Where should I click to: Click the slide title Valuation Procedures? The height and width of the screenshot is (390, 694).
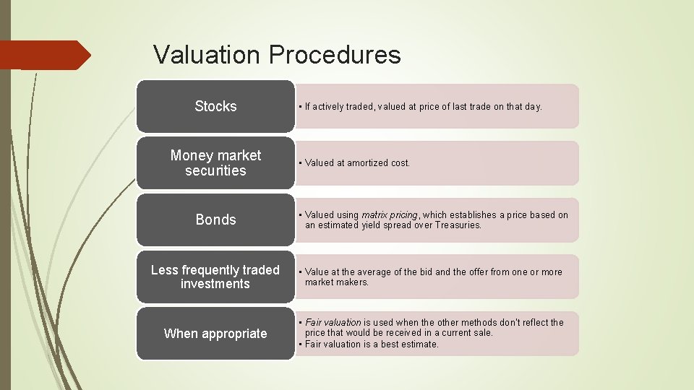pyautogui.click(x=277, y=55)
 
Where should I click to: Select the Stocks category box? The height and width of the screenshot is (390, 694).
pyautogui.click(x=215, y=106)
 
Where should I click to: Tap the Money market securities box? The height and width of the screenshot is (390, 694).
pyautogui.click(x=215, y=163)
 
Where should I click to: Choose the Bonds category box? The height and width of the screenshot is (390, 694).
pyautogui.click(x=215, y=220)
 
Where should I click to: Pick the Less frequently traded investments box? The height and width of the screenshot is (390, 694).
pyautogui.click(x=215, y=277)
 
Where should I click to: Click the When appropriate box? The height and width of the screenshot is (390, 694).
pyautogui.click(x=215, y=334)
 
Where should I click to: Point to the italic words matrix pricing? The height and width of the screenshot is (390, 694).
pyautogui.click(x=390, y=215)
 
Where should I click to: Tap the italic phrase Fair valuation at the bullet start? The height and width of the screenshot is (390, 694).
pyautogui.click(x=333, y=323)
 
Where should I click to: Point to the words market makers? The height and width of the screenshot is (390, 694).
pyautogui.click(x=337, y=282)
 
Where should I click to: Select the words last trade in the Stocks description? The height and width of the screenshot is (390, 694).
pyautogui.click(x=471, y=107)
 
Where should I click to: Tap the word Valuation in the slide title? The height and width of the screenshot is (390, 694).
pyautogui.click(x=207, y=55)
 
